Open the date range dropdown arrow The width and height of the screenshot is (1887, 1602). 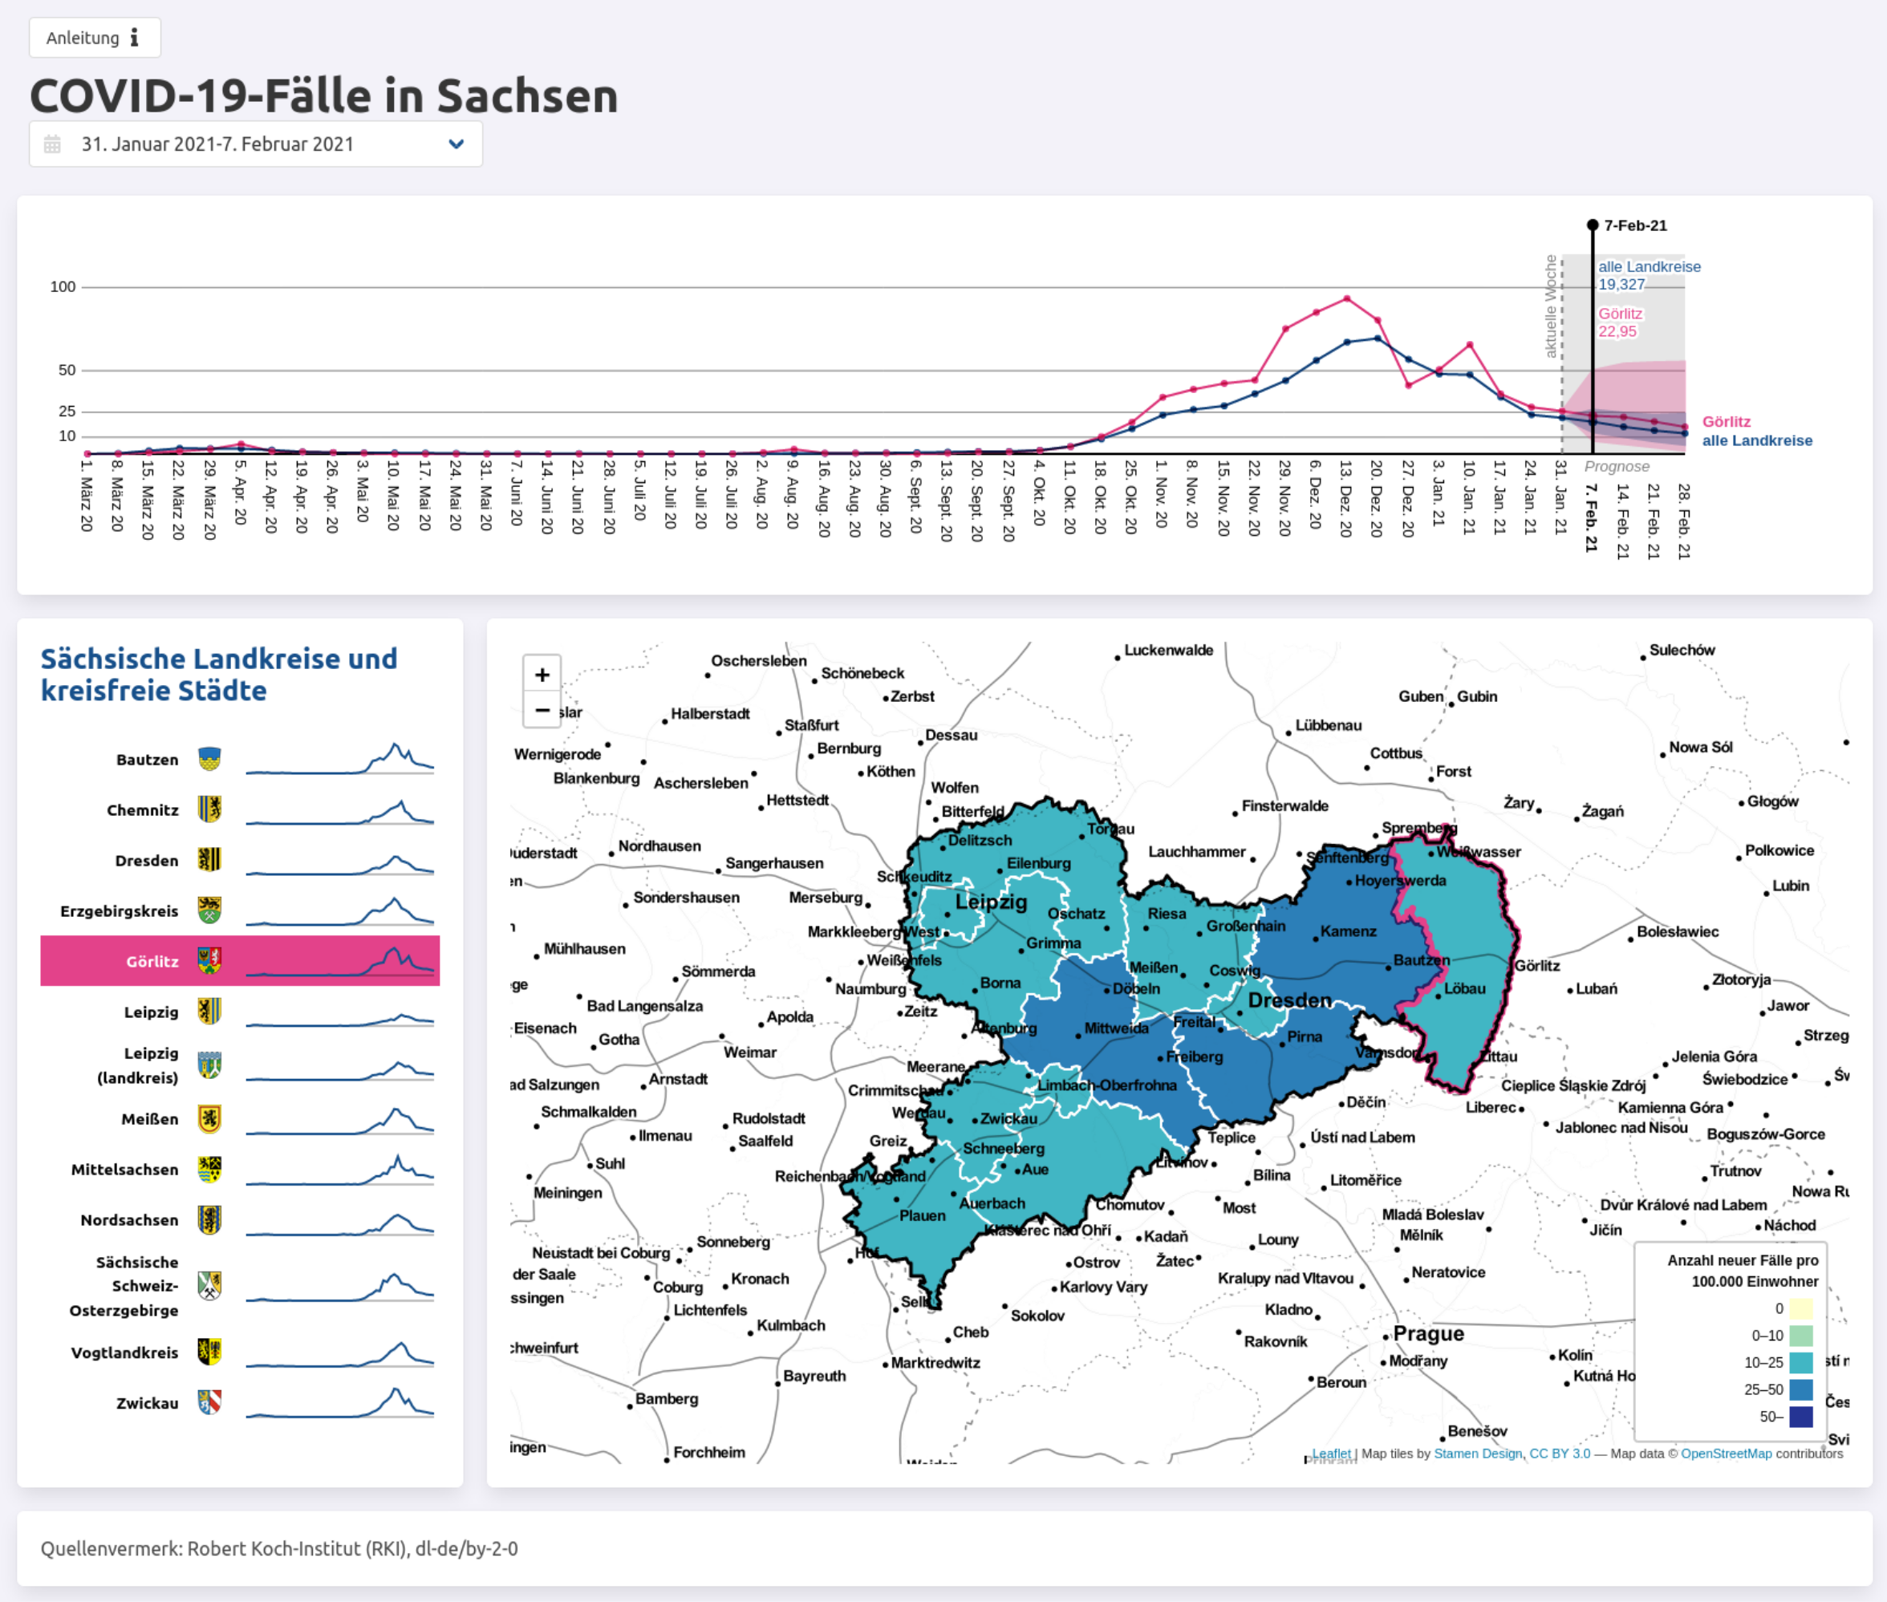pyautogui.click(x=456, y=144)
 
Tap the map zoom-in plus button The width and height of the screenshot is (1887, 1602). pyautogui.click(x=542, y=675)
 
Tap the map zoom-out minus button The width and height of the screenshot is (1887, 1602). pyautogui.click(x=542, y=709)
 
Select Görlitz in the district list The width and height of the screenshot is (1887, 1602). pyautogui.click(x=152, y=961)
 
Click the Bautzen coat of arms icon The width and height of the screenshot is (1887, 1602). pyautogui.click(x=209, y=759)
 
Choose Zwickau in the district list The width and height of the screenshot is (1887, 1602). pyautogui.click(x=147, y=1403)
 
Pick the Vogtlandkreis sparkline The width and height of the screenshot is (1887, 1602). pyautogui.click(x=339, y=1353)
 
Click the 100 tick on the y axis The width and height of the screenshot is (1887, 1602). pyautogui.click(x=63, y=287)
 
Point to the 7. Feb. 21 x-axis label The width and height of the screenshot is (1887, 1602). pyautogui.click(x=1591, y=517)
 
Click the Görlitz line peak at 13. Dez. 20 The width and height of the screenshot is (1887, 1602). pyautogui.click(x=1347, y=298)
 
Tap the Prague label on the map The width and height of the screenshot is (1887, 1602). pyautogui.click(x=1428, y=1333)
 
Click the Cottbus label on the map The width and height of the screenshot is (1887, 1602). pyautogui.click(x=1396, y=752)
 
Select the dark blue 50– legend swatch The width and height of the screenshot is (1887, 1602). pyautogui.click(x=1800, y=1417)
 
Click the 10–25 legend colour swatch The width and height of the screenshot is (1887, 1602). pyautogui.click(x=1800, y=1362)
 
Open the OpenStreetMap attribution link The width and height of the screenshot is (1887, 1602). pyautogui.click(x=1726, y=1453)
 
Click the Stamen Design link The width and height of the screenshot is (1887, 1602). pyautogui.click(x=1478, y=1453)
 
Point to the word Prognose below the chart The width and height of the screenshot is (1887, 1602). pyautogui.click(x=1617, y=467)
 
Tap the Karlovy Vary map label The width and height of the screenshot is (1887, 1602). pyautogui.click(x=1103, y=1287)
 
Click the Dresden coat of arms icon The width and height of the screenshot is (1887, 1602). pyautogui.click(x=209, y=860)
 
